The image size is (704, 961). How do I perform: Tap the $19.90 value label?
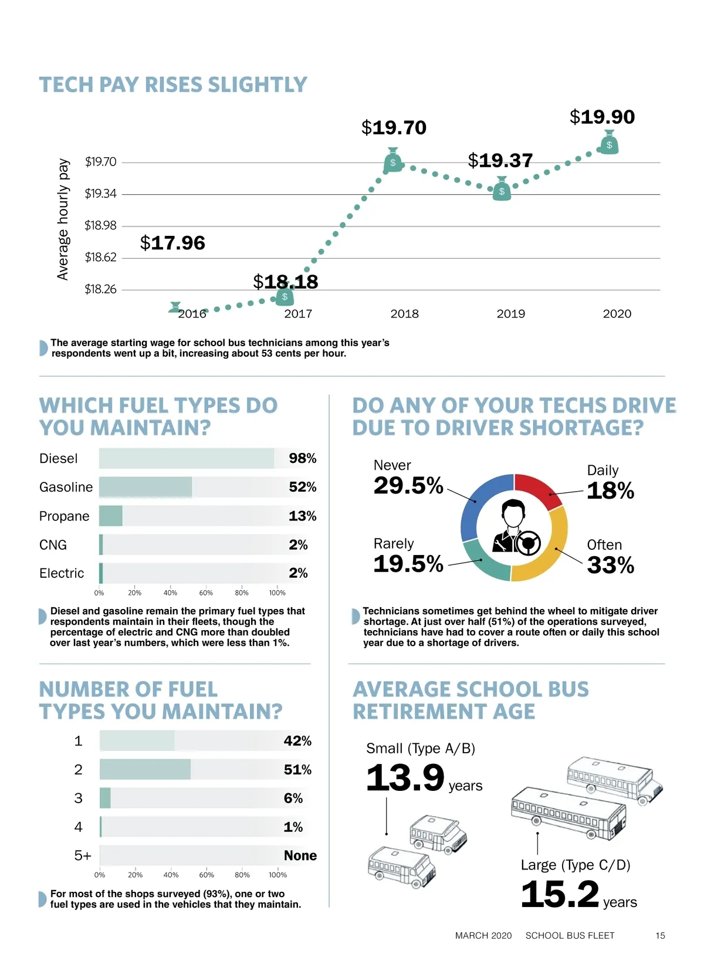(602, 117)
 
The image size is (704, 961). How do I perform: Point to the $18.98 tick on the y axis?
(100, 225)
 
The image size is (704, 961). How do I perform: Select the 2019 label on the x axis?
(510, 314)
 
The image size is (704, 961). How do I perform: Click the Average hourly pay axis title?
(63, 219)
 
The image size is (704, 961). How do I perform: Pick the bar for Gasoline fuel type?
(145, 487)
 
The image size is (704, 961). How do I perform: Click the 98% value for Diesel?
(302, 458)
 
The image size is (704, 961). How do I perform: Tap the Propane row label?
(64, 516)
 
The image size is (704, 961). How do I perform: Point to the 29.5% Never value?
(408, 486)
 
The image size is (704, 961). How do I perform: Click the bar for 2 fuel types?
(145, 769)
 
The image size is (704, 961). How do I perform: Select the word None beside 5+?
(300, 855)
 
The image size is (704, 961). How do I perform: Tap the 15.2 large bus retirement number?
(560, 894)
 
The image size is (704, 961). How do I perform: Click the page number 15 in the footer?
(660, 936)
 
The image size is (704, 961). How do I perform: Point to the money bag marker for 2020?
(610, 143)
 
